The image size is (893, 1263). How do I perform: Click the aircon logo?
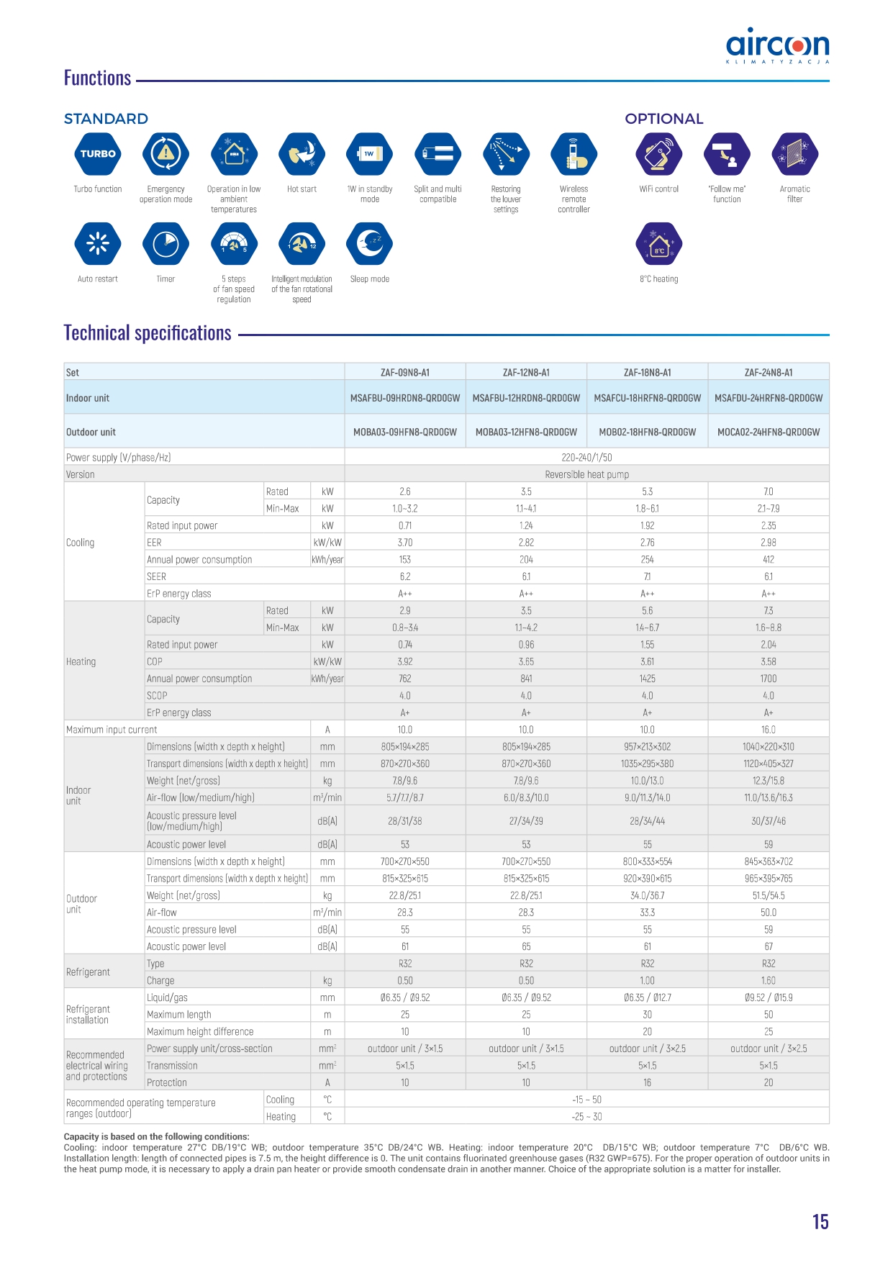tap(777, 46)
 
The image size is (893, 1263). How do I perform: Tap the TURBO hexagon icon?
tap(98, 154)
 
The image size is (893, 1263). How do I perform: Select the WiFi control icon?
tap(658, 154)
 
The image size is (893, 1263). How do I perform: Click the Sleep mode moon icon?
tap(370, 244)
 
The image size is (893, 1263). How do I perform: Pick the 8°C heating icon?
tap(658, 244)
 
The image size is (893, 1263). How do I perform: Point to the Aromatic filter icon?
tap(794, 154)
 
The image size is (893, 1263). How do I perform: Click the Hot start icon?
tap(302, 154)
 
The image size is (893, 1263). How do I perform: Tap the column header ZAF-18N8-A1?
tap(647, 373)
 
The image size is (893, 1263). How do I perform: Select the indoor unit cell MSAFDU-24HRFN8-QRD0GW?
tap(768, 398)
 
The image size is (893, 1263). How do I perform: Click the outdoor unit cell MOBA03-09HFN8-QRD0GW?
tap(405, 433)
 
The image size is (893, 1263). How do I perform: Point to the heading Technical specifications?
tap(148, 333)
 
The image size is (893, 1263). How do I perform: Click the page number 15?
tap(820, 1222)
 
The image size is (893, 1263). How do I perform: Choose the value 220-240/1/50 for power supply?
tap(586, 458)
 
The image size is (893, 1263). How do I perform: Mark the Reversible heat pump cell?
tap(586, 475)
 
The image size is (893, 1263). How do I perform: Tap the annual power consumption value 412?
tap(768, 560)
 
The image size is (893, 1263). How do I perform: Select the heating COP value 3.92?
tap(405, 661)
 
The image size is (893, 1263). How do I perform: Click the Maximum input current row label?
tap(112, 730)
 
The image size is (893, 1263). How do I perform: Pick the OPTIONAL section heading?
tap(663, 119)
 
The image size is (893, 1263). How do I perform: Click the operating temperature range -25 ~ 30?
tap(586, 1117)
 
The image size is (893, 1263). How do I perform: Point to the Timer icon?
tap(166, 244)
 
